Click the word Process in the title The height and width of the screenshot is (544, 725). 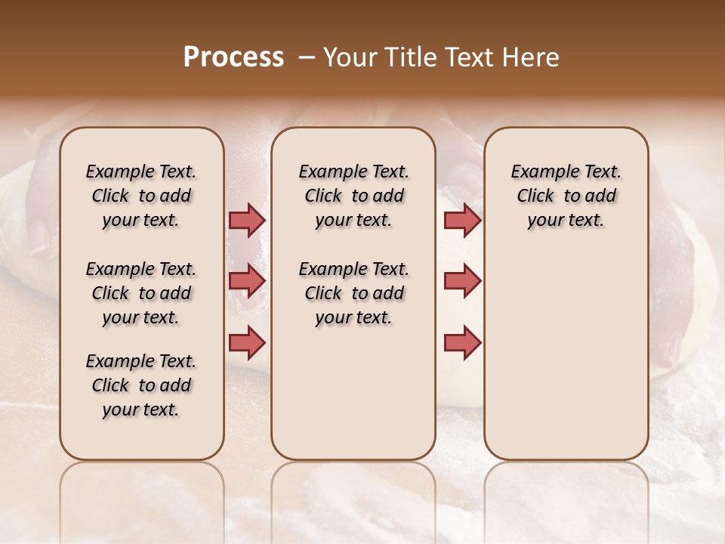[233, 57]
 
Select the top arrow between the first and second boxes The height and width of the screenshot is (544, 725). [247, 221]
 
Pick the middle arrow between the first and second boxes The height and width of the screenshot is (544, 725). [247, 281]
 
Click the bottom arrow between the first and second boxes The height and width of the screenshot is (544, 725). [247, 343]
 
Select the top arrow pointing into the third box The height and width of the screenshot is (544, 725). [462, 221]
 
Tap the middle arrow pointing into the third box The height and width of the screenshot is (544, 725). [462, 281]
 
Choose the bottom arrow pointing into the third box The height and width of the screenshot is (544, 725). [462, 343]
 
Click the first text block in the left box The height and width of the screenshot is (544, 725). [141, 196]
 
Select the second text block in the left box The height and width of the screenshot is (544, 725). [141, 293]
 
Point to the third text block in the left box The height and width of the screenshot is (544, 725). [141, 385]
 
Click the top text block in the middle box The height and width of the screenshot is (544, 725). [353, 196]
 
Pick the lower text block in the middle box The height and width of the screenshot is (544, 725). [353, 293]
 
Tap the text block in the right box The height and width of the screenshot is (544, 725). [566, 196]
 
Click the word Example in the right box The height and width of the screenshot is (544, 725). [540, 172]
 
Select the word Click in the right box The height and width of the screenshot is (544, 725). [535, 196]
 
